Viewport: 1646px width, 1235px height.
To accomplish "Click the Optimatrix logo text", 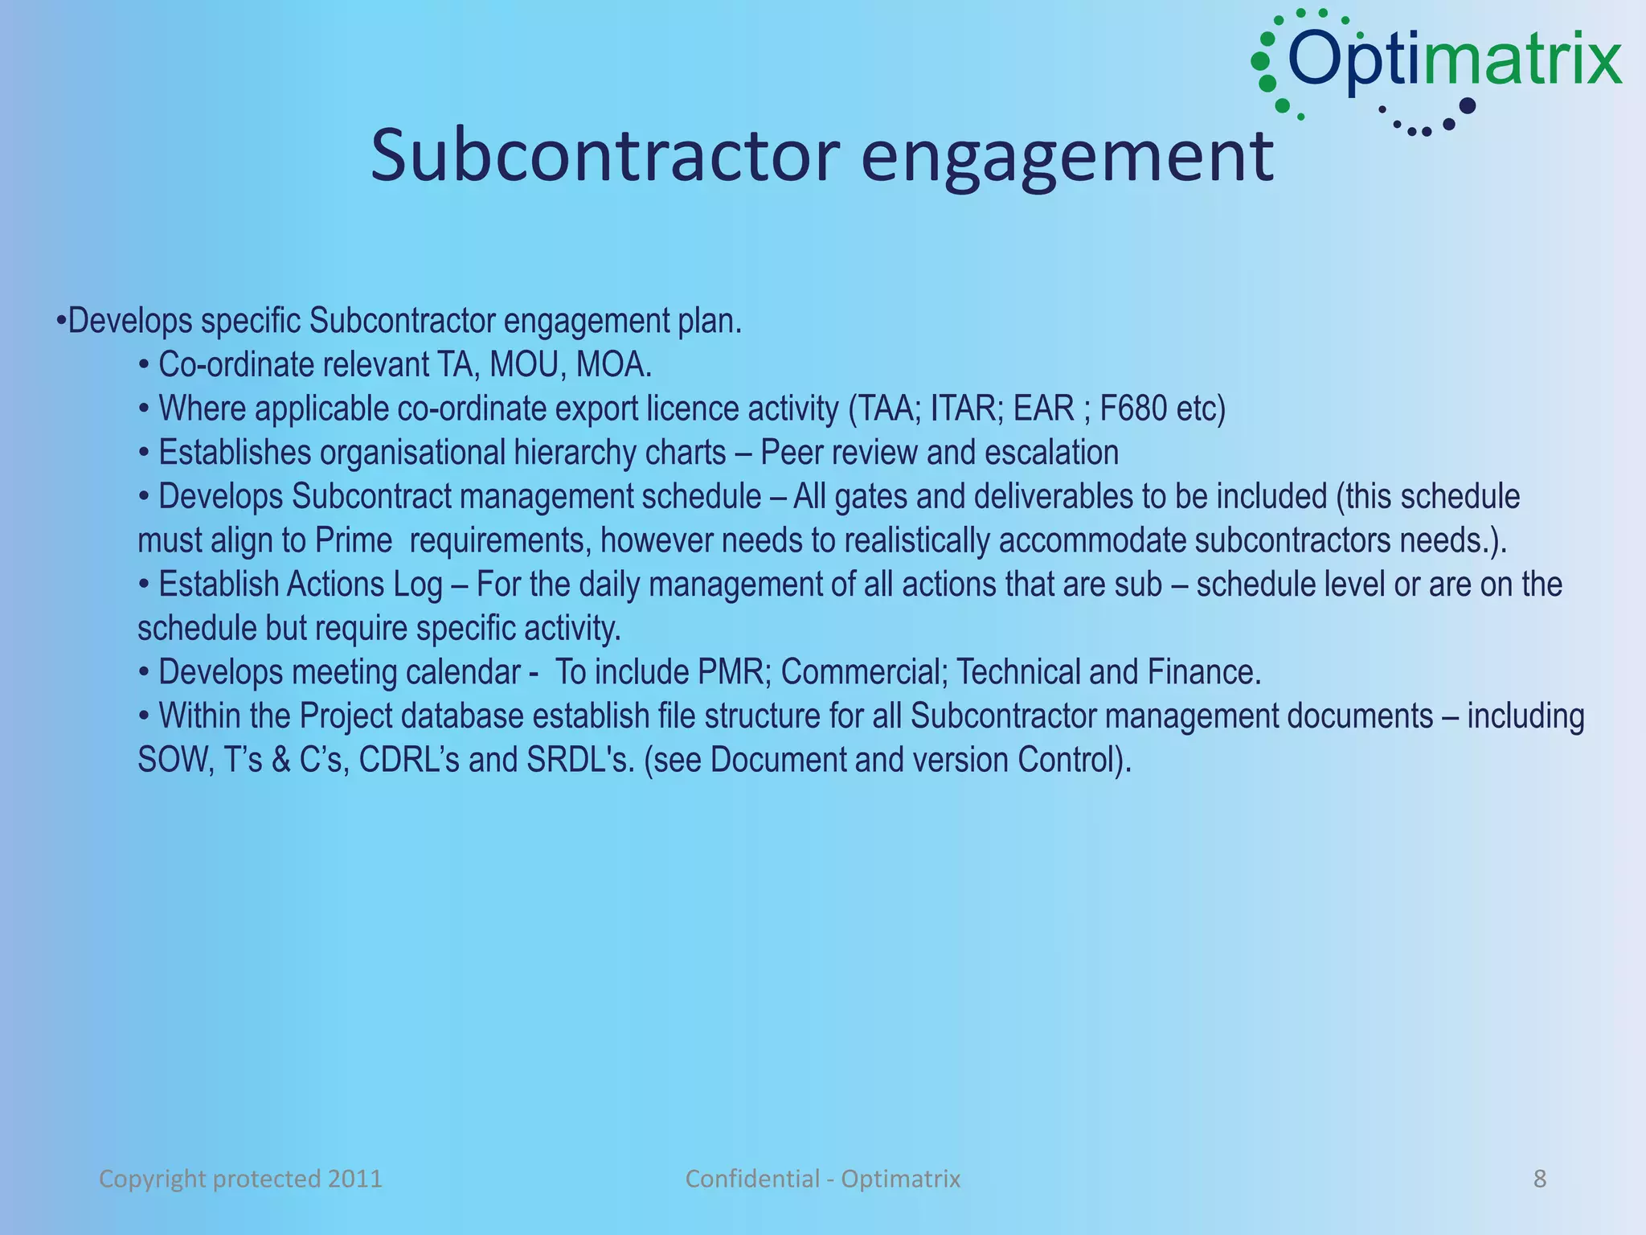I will [1455, 59].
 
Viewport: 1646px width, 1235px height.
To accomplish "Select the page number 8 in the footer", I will [1540, 1179].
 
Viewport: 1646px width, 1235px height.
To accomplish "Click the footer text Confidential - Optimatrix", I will [822, 1179].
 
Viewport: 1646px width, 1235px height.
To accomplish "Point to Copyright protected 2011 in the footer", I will [240, 1179].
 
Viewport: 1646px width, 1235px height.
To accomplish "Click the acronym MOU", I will [523, 365].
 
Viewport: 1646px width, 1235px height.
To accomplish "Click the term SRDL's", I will [580, 760].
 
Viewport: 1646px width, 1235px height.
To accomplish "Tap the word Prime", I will [353, 540].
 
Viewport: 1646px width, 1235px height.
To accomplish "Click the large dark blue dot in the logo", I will [1467, 106].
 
